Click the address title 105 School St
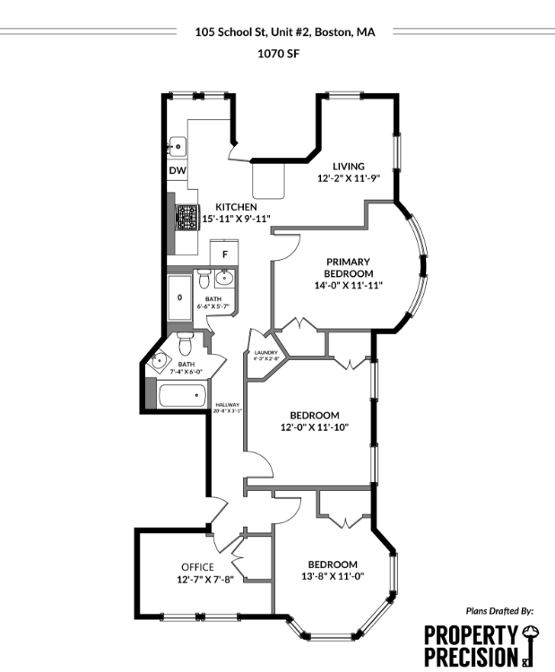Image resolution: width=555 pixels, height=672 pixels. click(x=284, y=31)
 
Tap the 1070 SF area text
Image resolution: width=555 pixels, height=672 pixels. click(x=278, y=53)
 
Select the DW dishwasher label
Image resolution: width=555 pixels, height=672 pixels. click(x=178, y=170)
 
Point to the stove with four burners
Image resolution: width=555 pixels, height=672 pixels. click(x=186, y=218)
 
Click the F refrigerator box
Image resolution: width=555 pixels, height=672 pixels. click(x=223, y=254)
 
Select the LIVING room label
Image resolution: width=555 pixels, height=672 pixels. click(x=348, y=166)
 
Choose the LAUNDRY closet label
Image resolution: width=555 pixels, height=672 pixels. click(x=266, y=354)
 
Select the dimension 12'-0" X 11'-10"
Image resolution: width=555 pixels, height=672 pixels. click(x=314, y=426)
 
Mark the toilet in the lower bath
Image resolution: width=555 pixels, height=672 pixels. click(x=186, y=341)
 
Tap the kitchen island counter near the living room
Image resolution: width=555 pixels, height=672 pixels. click(x=267, y=180)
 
